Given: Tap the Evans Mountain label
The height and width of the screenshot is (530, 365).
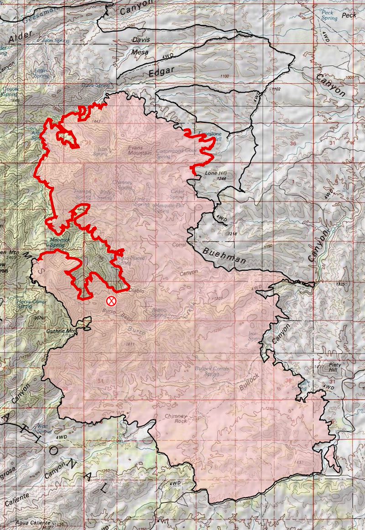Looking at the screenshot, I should pos(140,151).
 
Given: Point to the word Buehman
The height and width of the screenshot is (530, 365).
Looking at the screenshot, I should pos(224,255).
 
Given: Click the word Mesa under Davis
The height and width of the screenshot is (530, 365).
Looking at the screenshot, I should pos(140,52).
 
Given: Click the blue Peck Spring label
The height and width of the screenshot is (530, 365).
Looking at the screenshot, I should pos(328,15).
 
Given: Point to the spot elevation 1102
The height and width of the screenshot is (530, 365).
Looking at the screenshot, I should pos(275,89).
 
